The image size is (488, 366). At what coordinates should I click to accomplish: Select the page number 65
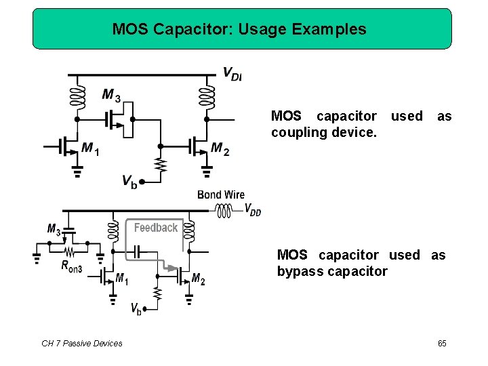[x=442, y=344]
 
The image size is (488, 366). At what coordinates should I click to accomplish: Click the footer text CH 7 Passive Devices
[x=82, y=344]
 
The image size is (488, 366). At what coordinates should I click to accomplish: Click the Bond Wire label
[x=221, y=195]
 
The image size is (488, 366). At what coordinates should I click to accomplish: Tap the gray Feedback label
[x=156, y=228]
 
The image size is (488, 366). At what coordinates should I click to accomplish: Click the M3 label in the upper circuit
[x=111, y=96]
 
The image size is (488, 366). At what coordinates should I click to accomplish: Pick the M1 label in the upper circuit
[x=90, y=149]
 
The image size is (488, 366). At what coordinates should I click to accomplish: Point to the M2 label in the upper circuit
[x=220, y=149]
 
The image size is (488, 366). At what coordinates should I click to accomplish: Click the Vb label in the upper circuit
[x=129, y=180]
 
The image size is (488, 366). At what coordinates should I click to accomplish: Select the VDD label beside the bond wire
[x=252, y=209]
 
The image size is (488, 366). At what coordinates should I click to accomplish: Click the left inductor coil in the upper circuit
[x=77, y=98]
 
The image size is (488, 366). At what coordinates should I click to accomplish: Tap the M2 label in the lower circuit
[x=198, y=279]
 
